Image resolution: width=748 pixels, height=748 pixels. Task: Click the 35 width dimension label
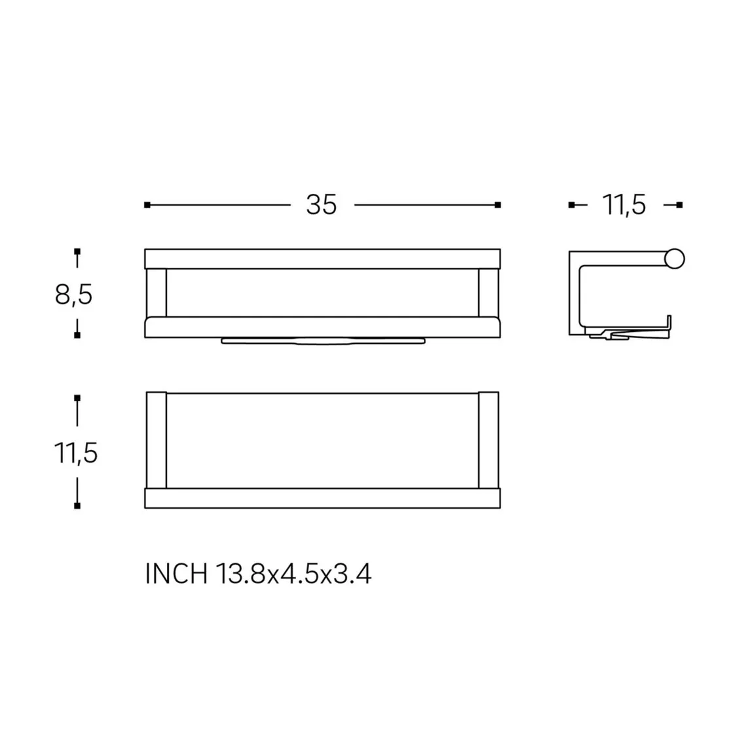(321, 204)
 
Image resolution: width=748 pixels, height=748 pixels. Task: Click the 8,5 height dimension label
(73, 294)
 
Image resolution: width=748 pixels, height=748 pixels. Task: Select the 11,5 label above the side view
(624, 204)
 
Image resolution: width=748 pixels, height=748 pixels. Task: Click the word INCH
(176, 573)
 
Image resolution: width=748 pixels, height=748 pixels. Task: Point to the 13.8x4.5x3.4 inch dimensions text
(293, 573)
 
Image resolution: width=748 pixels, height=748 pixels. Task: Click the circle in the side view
(675, 259)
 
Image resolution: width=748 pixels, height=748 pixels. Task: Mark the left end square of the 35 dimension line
(147, 205)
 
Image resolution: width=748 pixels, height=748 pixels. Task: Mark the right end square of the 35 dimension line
(498, 205)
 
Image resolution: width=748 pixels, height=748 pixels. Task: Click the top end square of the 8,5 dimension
(77, 252)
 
